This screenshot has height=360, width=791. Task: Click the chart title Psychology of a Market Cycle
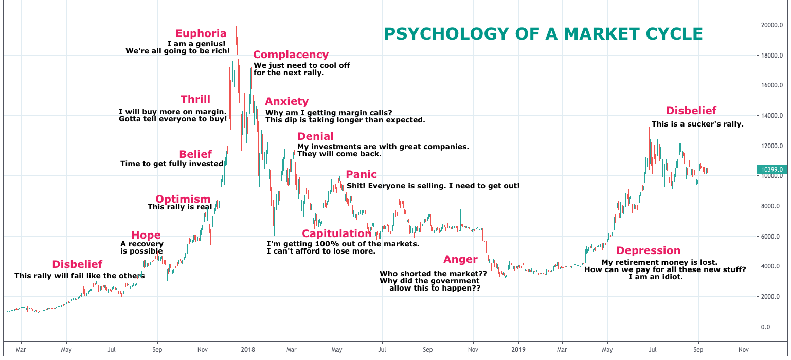click(x=543, y=34)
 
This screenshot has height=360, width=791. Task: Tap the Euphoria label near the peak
click(x=201, y=34)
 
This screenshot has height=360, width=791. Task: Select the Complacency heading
click(x=291, y=55)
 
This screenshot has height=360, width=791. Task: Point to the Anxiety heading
click(x=286, y=102)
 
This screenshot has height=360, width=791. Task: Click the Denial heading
click(x=315, y=137)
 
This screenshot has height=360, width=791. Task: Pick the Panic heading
click(x=361, y=175)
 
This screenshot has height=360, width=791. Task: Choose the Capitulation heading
click(x=336, y=234)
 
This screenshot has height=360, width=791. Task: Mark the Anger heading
click(x=460, y=260)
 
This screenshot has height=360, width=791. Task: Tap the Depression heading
click(x=648, y=251)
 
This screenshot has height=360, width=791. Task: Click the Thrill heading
click(x=195, y=100)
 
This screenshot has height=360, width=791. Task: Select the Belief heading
click(x=195, y=154)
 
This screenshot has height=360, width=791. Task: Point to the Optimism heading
click(x=183, y=199)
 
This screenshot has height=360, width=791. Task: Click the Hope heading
click(x=146, y=236)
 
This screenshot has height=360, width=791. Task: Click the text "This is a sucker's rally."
click(x=697, y=124)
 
